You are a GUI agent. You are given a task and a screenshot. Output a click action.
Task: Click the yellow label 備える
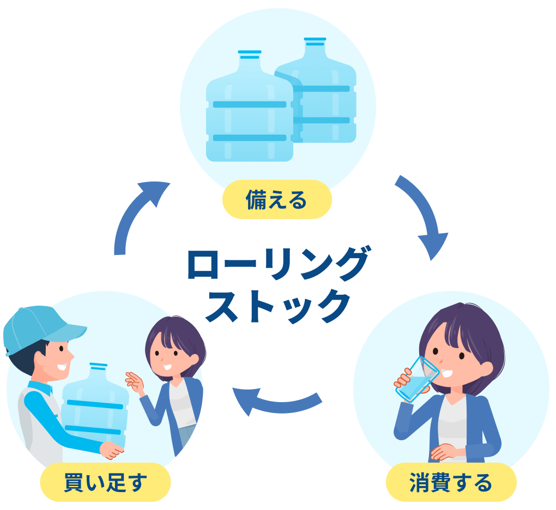[x=277, y=200]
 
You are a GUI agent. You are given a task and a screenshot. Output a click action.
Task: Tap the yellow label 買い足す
[x=105, y=482]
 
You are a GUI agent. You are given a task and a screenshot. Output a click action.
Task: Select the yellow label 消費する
[x=451, y=482]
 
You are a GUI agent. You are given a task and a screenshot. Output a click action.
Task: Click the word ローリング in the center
[x=278, y=264]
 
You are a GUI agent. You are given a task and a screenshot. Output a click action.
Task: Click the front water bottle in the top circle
[x=250, y=114]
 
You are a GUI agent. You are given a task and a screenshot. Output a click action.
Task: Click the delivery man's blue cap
[x=38, y=327]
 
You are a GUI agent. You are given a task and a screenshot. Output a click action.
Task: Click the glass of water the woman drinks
[x=417, y=379]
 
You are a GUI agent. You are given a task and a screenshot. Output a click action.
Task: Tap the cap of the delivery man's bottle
[x=98, y=366]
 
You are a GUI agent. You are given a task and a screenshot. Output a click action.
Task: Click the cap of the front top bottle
[x=250, y=54]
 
